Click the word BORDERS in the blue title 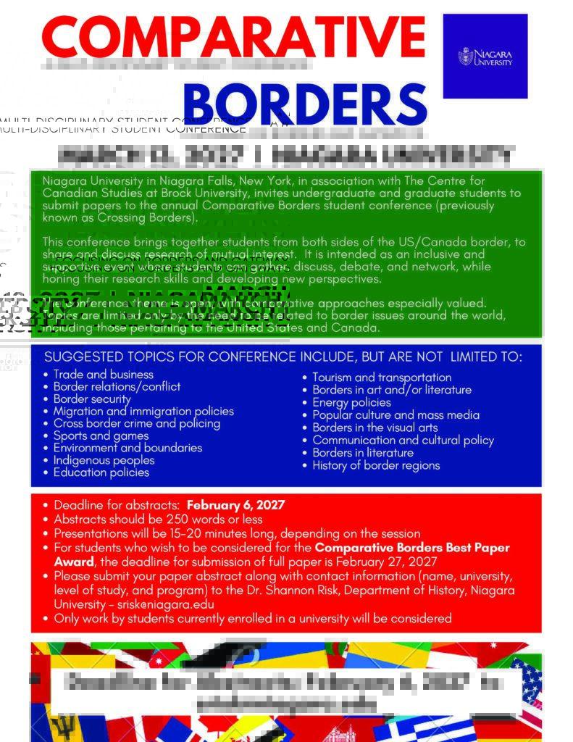pos(310,104)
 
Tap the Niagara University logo pos(485,57)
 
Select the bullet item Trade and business pos(103,375)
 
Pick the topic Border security pos(92,399)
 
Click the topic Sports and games pos(101,435)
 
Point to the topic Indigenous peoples pos(104,460)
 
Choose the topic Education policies pos(101,472)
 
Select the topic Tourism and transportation pos(382,378)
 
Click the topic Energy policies pos(351,402)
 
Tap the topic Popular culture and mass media pos(396,415)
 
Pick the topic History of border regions pos(376,465)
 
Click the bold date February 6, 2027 pos(235,505)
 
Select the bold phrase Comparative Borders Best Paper pos(412,548)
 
